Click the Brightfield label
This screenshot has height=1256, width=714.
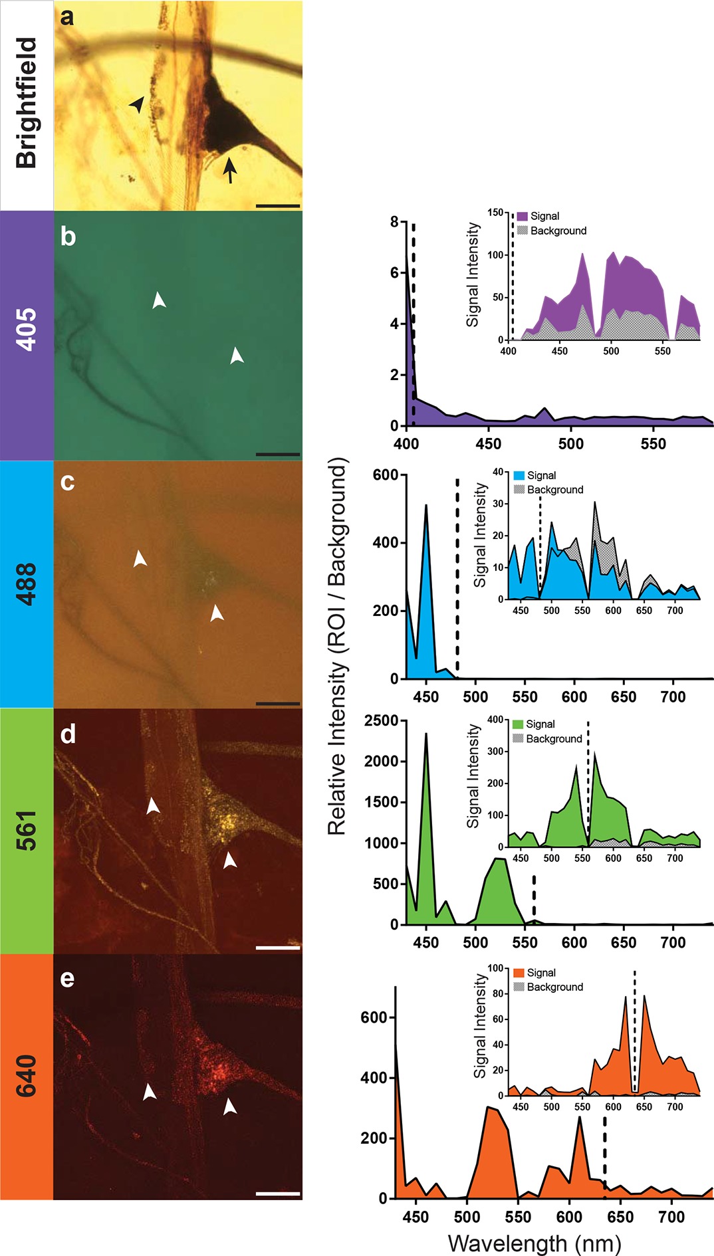(26, 103)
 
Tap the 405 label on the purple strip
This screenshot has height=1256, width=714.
(26, 330)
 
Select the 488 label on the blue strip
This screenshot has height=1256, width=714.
(26, 583)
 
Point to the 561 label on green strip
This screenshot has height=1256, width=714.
(26, 831)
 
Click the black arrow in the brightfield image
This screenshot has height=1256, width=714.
(229, 169)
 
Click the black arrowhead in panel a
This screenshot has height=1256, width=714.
(137, 104)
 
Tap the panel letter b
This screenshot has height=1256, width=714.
(68, 237)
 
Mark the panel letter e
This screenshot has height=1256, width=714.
(67, 979)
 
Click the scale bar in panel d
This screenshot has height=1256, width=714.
(278, 948)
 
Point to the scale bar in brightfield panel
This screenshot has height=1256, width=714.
(278, 206)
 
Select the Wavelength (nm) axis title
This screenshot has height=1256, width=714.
(535, 1243)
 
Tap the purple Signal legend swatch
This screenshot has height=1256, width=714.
(522, 216)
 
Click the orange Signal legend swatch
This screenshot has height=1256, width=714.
(519, 973)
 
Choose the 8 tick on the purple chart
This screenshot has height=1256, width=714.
(394, 222)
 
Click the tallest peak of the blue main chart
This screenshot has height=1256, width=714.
(426, 506)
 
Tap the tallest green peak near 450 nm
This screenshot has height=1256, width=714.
(425, 735)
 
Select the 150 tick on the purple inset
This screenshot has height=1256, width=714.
(495, 213)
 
